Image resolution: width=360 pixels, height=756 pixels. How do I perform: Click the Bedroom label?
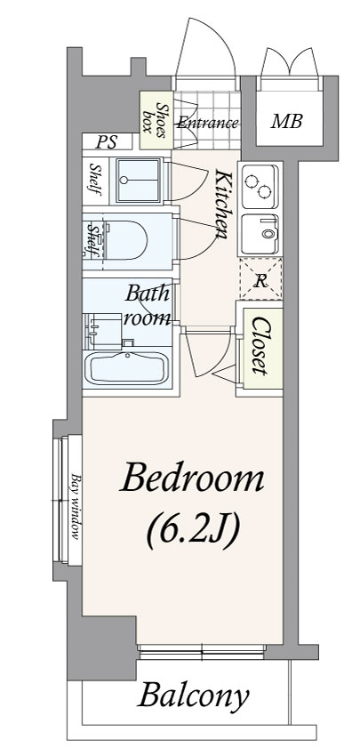[192, 479]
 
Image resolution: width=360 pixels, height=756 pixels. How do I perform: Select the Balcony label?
[194, 696]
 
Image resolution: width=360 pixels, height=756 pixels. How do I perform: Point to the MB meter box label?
[287, 122]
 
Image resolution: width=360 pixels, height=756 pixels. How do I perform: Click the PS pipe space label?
[107, 142]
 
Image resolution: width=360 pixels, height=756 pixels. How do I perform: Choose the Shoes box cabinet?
[156, 119]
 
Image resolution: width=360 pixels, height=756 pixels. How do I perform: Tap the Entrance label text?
[207, 123]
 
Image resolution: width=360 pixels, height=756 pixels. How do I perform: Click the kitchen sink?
[260, 234]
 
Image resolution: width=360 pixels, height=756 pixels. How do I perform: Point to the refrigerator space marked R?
[260, 278]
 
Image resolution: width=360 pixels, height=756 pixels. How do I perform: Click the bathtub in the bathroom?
[127, 368]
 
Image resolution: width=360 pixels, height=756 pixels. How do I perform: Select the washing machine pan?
[139, 180]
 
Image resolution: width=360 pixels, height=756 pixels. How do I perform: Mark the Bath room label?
[147, 306]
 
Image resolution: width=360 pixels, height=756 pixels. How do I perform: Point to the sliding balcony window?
[201, 652]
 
